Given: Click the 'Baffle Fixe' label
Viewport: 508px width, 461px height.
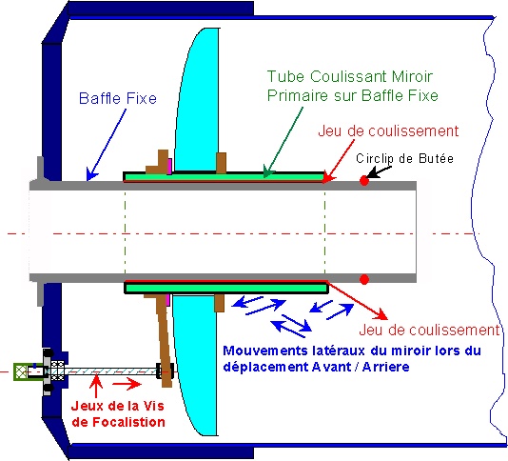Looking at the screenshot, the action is [x=118, y=98].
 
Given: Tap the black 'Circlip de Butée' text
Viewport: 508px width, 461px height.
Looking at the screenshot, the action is [x=404, y=158].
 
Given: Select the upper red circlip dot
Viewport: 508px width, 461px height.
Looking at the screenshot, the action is [x=364, y=181].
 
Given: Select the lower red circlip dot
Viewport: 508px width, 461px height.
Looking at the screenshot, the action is [x=364, y=279].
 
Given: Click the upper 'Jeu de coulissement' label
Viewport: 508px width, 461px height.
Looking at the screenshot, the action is [x=388, y=130].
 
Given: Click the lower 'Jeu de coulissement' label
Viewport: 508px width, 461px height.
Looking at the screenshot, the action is [x=430, y=330].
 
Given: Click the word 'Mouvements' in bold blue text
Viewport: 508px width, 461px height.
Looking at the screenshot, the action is [x=265, y=351].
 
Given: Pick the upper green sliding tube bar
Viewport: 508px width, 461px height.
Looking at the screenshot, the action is [x=225, y=176].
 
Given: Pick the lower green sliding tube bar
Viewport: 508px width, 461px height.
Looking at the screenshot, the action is [x=225, y=288].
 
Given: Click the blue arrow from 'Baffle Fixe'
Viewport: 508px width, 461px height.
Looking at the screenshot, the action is [x=106, y=145].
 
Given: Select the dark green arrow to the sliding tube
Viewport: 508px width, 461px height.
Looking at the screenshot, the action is [x=283, y=143].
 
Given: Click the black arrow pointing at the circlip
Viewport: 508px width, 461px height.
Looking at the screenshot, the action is [x=379, y=172].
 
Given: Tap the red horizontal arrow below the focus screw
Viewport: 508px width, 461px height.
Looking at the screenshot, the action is [x=127, y=384].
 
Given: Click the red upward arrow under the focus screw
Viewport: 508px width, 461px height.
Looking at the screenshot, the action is [x=96, y=386].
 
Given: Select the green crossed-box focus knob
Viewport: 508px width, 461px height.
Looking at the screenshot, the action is [x=20, y=371].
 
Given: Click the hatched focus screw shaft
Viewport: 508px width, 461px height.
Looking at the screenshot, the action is [x=111, y=371].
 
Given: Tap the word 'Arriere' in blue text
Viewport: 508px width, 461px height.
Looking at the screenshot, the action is [x=386, y=367].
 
